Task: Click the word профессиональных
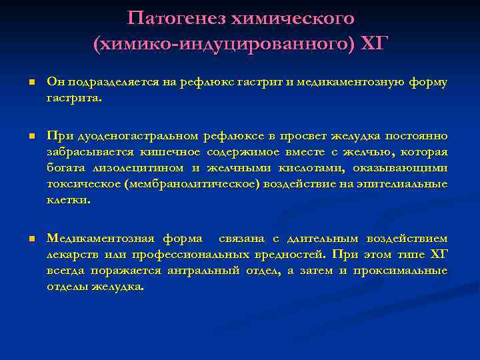[x=204, y=254]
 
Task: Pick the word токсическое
[x=83, y=184]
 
